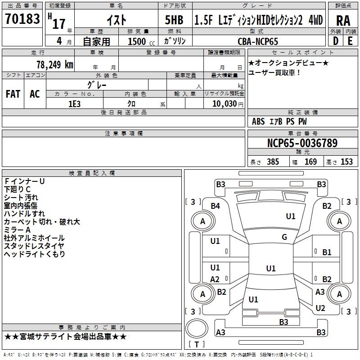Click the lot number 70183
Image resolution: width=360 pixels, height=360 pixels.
pyautogui.click(x=22, y=18)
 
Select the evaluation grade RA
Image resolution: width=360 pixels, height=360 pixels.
pyautogui.click(x=343, y=21)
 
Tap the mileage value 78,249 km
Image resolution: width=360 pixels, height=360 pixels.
pyautogui.click(x=55, y=64)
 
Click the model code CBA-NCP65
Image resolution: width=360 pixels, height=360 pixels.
pyautogui.click(x=258, y=41)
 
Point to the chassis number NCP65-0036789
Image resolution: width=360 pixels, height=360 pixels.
pyautogui.click(x=302, y=143)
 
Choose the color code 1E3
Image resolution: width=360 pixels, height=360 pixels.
pyautogui.click(x=74, y=104)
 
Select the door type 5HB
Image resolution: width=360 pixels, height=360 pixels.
pyautogui.click(x=174, y=20)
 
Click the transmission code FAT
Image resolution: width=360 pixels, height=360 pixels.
pyautogui.click(x=13, y=94)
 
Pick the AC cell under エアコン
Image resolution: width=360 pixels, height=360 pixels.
pyautogui.click(x=35, y=94)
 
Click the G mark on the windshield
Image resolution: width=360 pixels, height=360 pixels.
pyautogui.click(x=284, y=237)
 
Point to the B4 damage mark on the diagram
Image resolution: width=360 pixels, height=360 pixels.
pyautogui.click(x=216, y=206)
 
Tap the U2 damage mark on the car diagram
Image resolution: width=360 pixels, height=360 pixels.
pyautogui.click(x=320, y=308)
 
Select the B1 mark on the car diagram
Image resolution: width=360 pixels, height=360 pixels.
pyautogui.click(x=327, y=252)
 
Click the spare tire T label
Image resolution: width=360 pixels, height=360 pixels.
pyautogui.click(x=197, y=344)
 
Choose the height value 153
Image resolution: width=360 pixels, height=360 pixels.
pyautogui.click(x=346, y=162)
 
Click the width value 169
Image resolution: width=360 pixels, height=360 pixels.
pyautogui.click(x=310, y=162)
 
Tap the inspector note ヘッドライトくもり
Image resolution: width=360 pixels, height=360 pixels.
pyautogui.click(x=35, y=254)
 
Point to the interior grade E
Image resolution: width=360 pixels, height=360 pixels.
pyautogui.click(x=350, y=41)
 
